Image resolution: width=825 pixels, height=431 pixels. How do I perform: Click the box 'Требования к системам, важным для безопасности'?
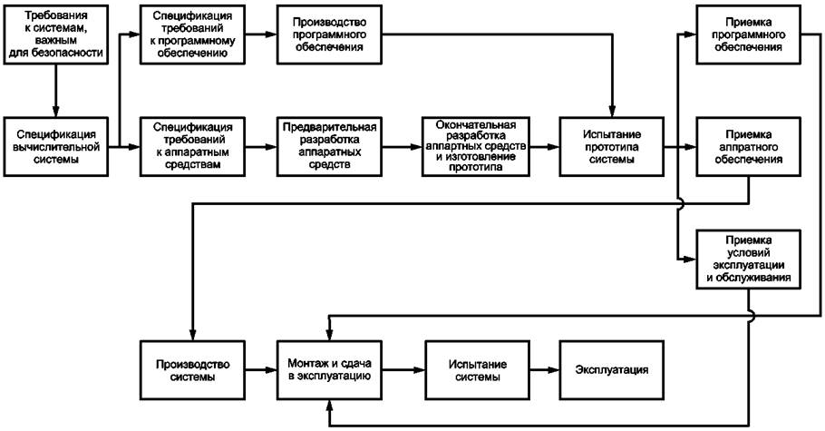[x=56, y=34]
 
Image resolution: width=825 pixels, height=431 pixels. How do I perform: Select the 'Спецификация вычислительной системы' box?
[x=56, y=146]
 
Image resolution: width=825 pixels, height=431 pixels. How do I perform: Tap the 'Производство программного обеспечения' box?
[x=329, y=34]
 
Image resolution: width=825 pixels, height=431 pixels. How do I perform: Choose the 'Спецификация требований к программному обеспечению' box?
[x=192, y=34]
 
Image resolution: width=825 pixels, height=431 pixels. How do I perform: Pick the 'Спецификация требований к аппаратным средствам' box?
[x=192, y=146]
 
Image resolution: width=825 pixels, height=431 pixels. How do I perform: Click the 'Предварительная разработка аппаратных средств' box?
[x=329, y=146]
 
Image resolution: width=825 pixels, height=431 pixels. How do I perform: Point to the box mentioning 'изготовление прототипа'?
[x=476, y=146]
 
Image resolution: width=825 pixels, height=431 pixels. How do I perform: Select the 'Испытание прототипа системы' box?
[x=611, y=146]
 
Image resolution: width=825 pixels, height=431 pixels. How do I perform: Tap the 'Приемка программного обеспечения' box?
[x=748, y=34]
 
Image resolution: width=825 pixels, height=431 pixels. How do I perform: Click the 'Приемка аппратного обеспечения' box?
[x=748, y=146]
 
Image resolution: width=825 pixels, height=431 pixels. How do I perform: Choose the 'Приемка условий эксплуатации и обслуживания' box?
[x=748, y=260]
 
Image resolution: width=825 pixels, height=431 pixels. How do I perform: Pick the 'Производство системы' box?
[x=192, y=370]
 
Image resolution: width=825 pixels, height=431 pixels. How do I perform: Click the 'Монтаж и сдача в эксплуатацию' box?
[x=329, y=370]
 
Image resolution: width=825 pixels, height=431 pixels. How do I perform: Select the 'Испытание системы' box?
[x=478, y=370]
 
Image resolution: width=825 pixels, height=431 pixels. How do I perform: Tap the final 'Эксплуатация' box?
[x=611, y=370]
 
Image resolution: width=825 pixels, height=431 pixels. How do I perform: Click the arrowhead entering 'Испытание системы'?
[x=420, y=370]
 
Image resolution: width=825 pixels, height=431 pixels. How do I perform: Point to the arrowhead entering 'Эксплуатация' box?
[x=554, y=370]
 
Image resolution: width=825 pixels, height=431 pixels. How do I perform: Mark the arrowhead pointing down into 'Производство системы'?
[x=193, y=335]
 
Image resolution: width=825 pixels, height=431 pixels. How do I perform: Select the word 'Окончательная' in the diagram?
[x=476, y=125]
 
